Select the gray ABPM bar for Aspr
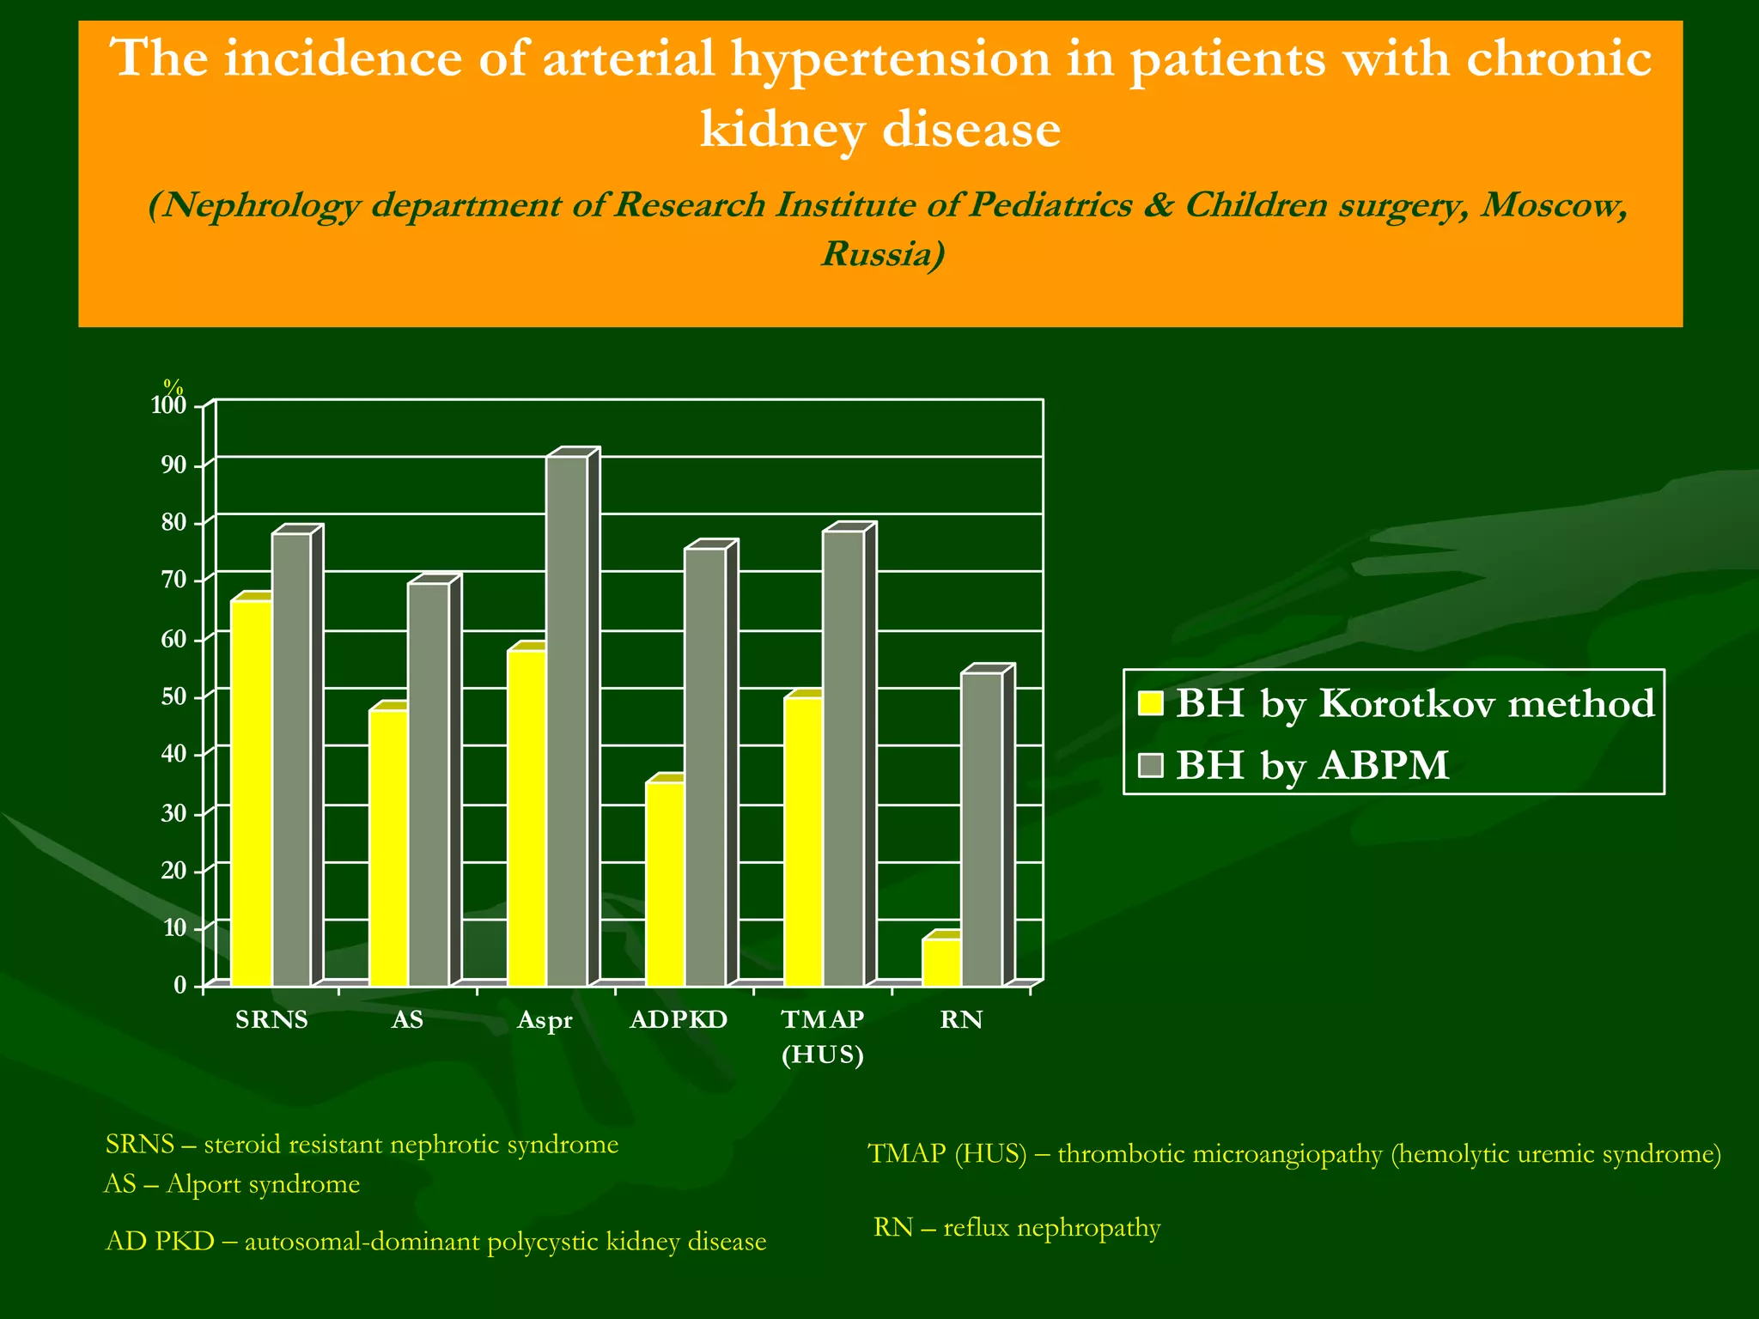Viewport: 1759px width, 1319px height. click(x=567, y=721)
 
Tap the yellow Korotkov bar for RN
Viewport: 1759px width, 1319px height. click(x=941, y=962)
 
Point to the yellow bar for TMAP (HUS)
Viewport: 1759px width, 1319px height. click(x=804, y=842)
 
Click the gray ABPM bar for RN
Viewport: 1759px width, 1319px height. click(x=982, y=829)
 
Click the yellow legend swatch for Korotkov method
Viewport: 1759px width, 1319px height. click(x=1150, y=703)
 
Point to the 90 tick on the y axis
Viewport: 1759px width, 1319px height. click(x=174, y=465)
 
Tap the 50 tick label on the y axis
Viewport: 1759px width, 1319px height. click(x=174, y=696)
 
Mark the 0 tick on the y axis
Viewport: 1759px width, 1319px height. click(x=180, y=986)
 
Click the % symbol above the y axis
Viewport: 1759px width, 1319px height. click(x=173, y=387)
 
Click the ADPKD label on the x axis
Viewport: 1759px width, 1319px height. click(x=679, y=1020)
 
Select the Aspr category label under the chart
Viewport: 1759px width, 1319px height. click(x=545, y=1021)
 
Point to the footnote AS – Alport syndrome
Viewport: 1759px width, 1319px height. click(x=232, y=1184)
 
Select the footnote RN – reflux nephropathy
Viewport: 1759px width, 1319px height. click(x=1017, y=1227)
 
